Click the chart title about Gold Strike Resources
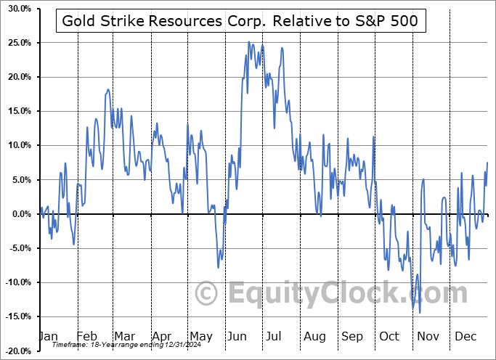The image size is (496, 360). tap(240, 21)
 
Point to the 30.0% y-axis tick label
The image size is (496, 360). tap(17, 9)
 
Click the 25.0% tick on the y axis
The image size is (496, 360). tap(17, 43)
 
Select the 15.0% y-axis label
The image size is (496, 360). tap(17, 111)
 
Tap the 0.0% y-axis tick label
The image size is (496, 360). tap(19, 214)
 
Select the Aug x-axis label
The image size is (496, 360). tap(314, 337)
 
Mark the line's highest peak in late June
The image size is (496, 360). tap(248, 42)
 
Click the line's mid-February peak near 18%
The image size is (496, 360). tap(108, 89)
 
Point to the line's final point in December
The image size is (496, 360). tap(487, 162)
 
